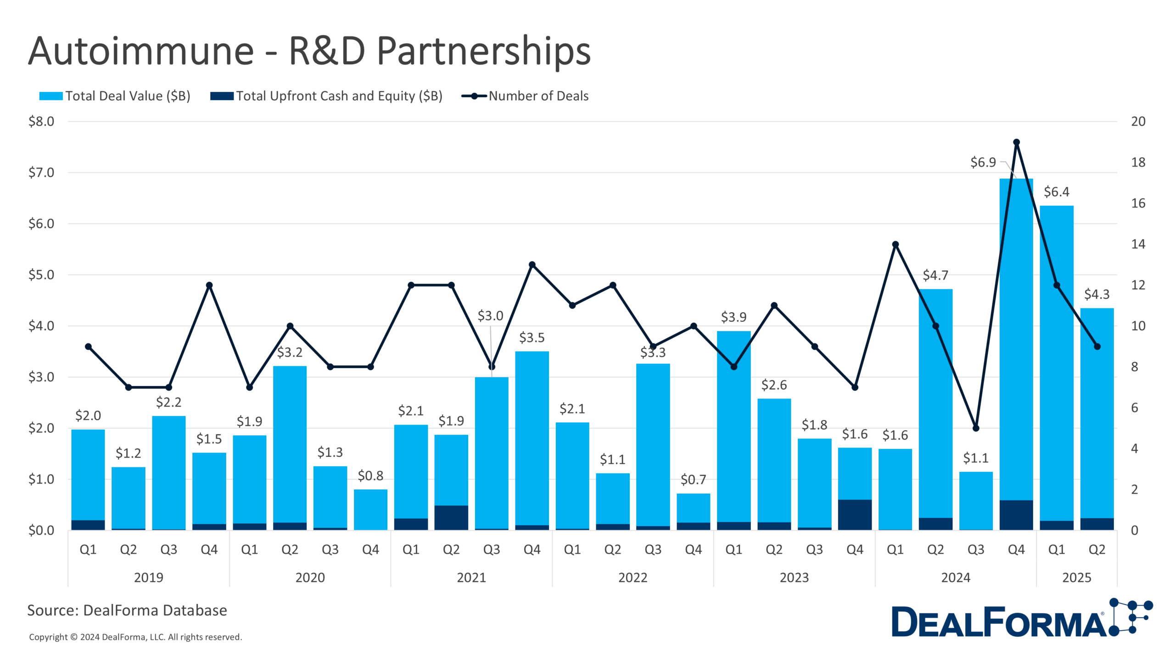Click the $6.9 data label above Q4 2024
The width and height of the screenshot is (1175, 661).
click(983, 162)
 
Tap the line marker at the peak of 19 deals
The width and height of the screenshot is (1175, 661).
click(1016, 142)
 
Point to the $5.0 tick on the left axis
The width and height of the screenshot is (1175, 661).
click(41, 275)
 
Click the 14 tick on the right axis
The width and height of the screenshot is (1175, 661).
click(1138, 244)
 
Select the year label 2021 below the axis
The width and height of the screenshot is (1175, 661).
click(471, 577)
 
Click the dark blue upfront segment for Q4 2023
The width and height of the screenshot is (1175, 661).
click(855, 515)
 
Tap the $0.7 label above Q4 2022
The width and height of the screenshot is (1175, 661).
click(693, 480)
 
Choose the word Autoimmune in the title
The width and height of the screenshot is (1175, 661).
click(141, 51)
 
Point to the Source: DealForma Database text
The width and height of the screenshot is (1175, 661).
click(127, 611)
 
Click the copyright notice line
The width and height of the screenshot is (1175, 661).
click(135, 637)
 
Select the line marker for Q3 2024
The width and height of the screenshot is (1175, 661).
click(976, 428)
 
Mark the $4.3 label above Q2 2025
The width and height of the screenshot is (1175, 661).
click(1097, 294)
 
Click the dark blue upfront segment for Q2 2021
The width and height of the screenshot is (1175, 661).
click(451, 517)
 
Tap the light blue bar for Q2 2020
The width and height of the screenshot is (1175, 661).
click(290, 441)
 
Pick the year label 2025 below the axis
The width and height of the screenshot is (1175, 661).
click(1076, 577)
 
